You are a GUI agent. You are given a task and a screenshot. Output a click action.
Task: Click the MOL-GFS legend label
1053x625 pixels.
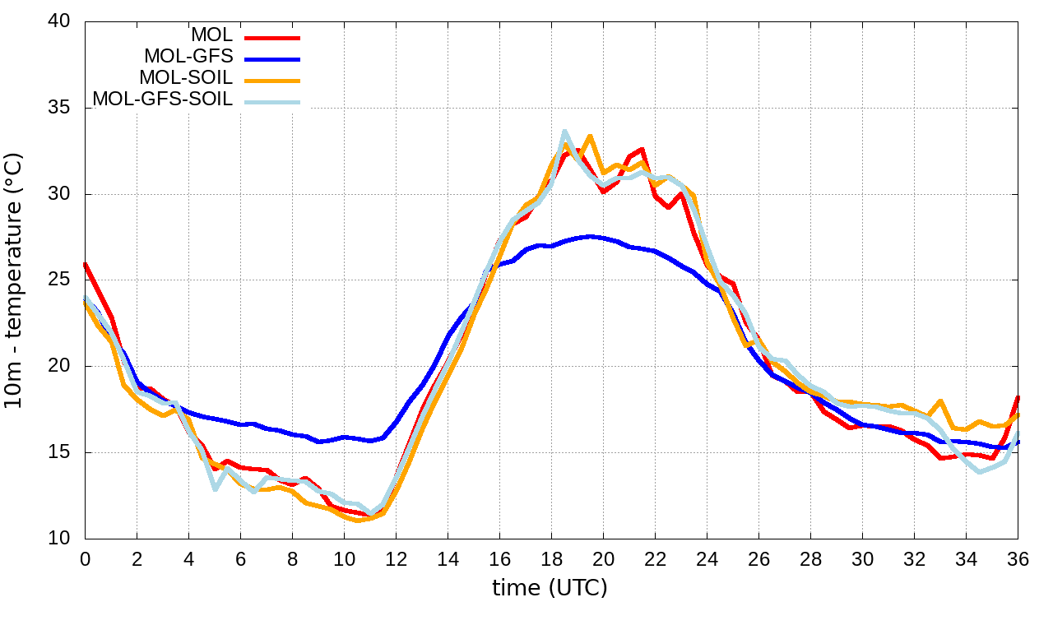pyautogui.click(x=188, y=57)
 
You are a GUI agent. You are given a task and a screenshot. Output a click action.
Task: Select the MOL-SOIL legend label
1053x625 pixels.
pyautogui.click(x=186, y=78)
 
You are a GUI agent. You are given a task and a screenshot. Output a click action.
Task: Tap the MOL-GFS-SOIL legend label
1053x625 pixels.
pyautogui.click(x=163, y=100)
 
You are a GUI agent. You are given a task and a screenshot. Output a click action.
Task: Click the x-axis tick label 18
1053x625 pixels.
pyautogui.click(x=551, y=559)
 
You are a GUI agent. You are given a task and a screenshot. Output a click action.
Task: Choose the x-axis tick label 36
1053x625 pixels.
pyautogui.click(x=1018, y=559)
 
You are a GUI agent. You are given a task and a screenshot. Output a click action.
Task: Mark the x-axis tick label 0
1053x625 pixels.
pyautogui.click(x=85, y=559)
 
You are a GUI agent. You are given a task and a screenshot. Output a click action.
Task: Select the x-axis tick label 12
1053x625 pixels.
pyautogui.click(x=396, y=559)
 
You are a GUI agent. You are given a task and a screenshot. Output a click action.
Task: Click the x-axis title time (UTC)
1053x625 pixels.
pyautogui.click(x=550, y=589)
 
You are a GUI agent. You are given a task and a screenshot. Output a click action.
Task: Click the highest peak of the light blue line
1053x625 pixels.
pyautogui.click(x=564, y=132)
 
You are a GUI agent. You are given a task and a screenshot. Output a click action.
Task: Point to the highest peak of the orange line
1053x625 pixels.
pyautogui.click(x=590, y=137)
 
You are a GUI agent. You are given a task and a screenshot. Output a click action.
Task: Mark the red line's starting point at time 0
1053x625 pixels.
pyautogui.click(x=86, y=264)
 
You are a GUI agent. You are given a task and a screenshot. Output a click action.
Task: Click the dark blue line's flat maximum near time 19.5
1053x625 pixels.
pyautogui.click(x=590, y=236)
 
